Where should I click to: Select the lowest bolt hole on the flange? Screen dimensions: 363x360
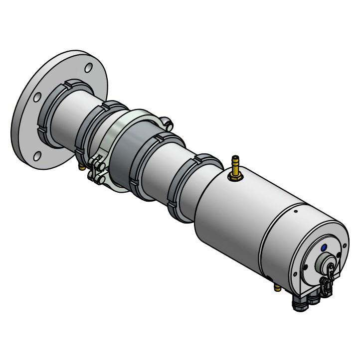tap(37, 157)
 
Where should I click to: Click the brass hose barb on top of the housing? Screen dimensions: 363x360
tap(235, 164)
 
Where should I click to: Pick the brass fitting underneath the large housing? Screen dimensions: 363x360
tap(276, 287)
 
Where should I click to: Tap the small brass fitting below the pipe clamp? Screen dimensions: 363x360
tap(82, 167)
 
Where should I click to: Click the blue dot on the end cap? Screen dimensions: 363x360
tap(324, 246)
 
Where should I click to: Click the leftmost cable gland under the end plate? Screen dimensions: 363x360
tap(300, 303)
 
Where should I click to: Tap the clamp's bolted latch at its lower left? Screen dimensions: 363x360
tap(97, 169)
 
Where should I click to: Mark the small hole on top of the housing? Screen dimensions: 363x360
tap(296, 211)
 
